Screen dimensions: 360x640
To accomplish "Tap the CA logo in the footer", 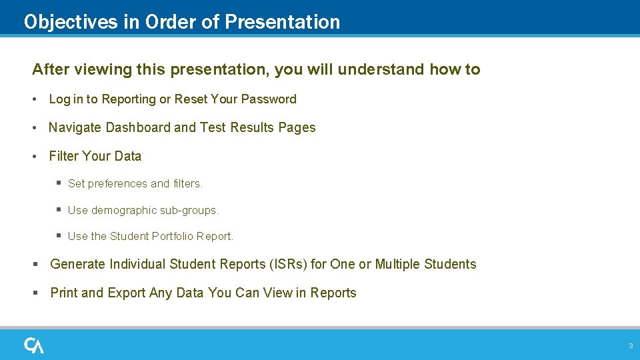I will tap(34, 345).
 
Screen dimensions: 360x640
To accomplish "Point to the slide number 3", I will tap(630, 346).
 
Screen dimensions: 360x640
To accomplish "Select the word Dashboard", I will tap(138, 127).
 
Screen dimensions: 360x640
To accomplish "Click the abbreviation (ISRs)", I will tap(288, 264).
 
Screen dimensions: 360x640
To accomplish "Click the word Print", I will tap(64, 293).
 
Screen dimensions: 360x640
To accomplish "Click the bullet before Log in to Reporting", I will tap(35, 99).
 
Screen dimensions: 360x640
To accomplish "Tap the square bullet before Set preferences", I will tap(59, 183).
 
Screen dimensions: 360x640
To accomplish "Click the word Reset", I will tap(191, 99).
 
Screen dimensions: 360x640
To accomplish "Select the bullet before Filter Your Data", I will tap(35, 157).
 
